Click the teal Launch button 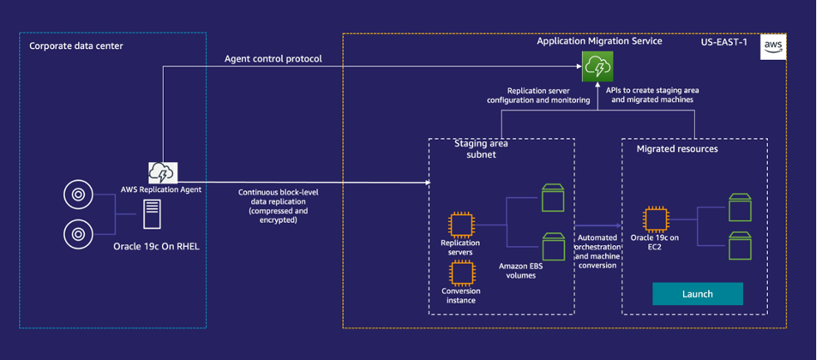697,293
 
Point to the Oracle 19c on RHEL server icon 152,214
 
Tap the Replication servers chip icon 461,225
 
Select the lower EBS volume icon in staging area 553,246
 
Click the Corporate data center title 76,46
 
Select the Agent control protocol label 273,59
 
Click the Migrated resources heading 677,149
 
